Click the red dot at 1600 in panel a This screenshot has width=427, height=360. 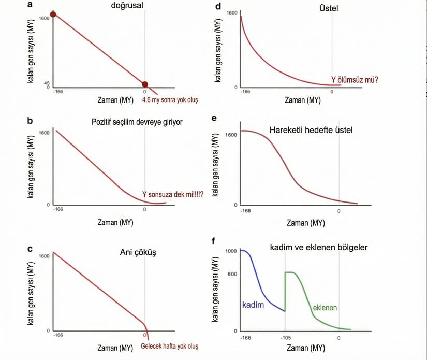tap(53, 14)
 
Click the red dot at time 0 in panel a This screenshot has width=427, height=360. tap(145, 84)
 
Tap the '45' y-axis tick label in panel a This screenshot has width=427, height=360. tap(47, 83)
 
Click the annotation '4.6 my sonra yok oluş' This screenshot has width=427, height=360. tap(170, 99)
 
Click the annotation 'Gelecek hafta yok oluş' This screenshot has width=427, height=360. tap(169, 347)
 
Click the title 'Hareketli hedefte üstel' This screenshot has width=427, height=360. tap(311, 130)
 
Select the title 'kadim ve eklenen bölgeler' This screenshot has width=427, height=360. tap(319, 248)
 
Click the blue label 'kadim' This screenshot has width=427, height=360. tap(253, 305)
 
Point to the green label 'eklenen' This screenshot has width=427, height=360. tap(325, 308)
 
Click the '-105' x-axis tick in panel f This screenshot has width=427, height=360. tap(285, 338)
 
